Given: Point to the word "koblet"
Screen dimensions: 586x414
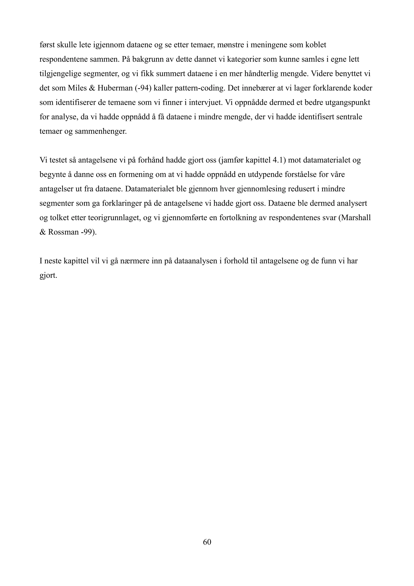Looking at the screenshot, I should click(x=316, y=45).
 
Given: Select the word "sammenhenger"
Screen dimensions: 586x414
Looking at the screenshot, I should click(x=101, y=132).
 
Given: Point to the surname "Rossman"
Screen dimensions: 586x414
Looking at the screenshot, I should click(x=63, y=233).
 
